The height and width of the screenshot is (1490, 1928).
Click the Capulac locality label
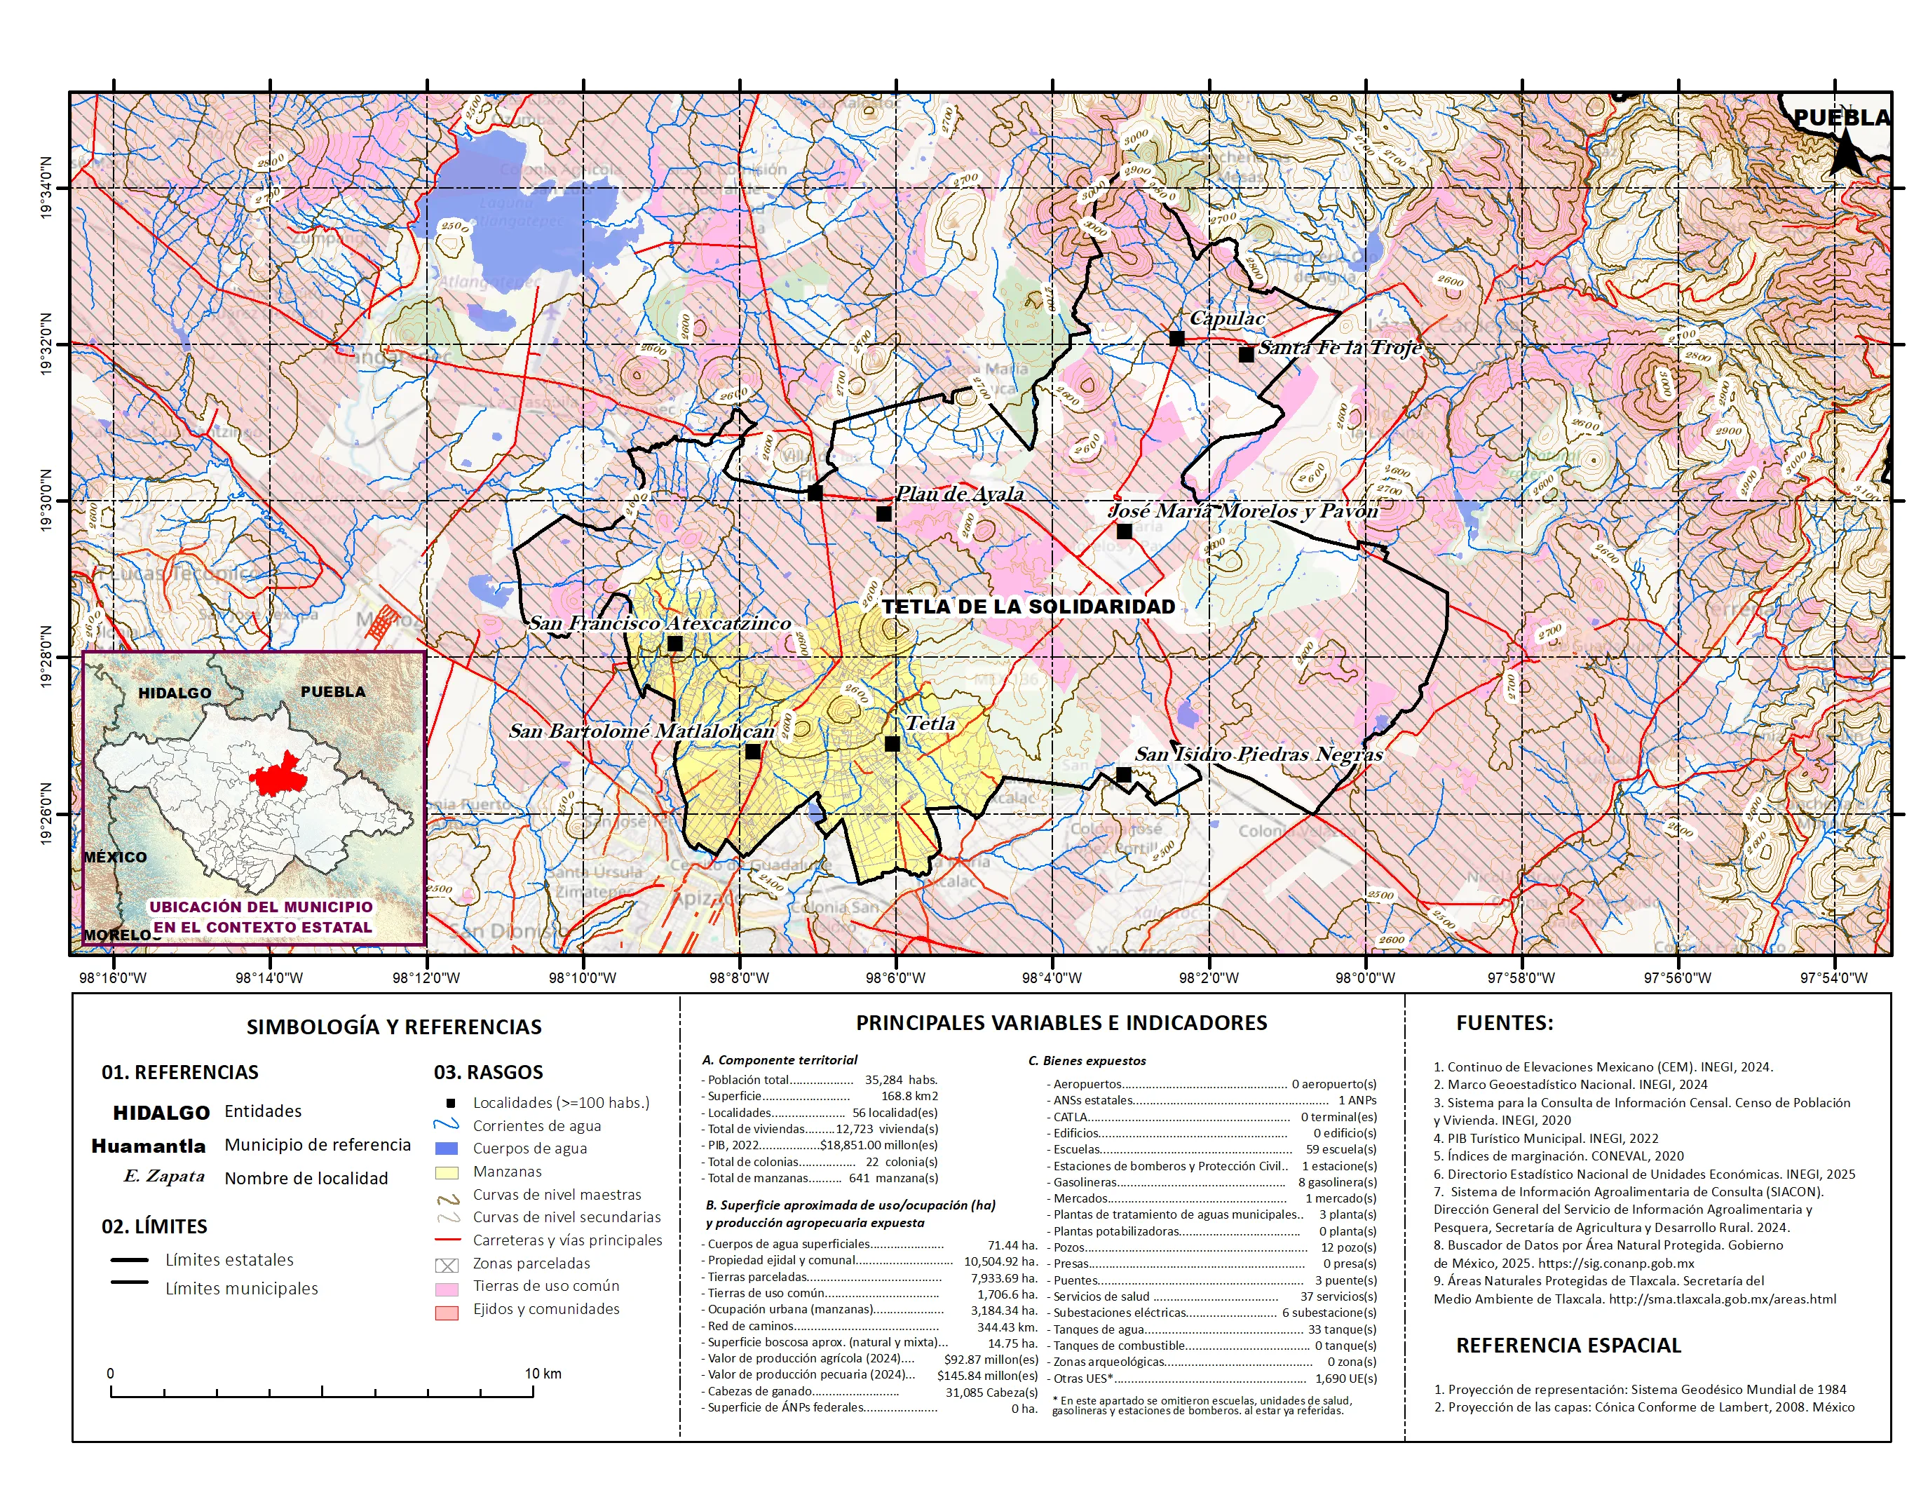[1227, 318]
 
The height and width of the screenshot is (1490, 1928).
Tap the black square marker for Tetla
[892, 744]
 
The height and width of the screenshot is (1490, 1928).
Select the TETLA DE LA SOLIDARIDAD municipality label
[1029, 607]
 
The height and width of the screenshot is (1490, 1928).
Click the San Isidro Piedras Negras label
[1258, 754]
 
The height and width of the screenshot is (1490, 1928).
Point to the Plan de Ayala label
[960, 494]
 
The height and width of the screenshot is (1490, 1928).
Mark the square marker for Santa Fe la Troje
[1246, 355]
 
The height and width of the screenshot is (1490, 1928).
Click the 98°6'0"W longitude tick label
[895, 978]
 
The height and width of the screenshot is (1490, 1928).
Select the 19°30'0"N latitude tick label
[46, 501]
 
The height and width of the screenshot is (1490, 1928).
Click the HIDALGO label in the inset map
[175, 693]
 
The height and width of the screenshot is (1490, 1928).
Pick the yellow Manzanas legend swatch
[447, 1172]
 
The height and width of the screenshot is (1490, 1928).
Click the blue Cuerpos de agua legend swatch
[447, 1149]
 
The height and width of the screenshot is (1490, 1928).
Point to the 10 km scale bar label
[543, 1374]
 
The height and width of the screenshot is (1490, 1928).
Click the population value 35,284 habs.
[900, 1080]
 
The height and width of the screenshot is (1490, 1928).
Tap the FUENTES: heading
[1505, 1023]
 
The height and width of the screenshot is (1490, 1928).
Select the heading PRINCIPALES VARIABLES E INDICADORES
[1061, 1023]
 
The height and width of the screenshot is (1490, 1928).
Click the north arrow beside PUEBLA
[1846, 152]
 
